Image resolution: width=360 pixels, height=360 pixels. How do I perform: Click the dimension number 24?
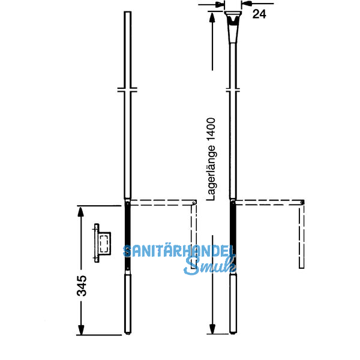(259, 14)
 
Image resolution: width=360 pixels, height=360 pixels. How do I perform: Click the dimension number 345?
(82, 286)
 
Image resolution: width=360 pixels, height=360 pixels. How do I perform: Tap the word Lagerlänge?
(211, 173)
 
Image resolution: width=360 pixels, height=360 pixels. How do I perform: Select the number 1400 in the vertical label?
(211, 130)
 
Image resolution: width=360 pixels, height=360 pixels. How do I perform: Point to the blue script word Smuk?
(209, 266)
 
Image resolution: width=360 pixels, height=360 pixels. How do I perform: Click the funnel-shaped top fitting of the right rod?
(233, 26)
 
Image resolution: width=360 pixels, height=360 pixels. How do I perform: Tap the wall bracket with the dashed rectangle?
(103, 243)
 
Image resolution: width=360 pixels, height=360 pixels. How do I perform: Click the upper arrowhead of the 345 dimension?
(80, 211)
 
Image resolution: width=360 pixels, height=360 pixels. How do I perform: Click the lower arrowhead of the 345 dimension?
(81, 330)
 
